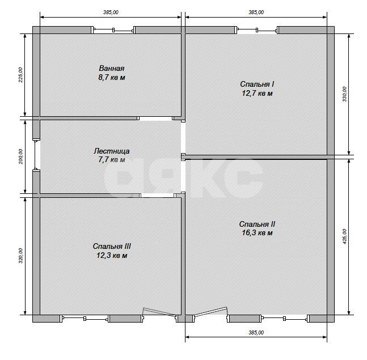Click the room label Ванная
pos(111,68)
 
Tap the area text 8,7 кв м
pos(112,78)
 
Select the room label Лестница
pos(111,151)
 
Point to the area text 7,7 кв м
pos(112,160)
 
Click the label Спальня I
pos(257,84)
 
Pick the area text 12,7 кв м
pos(257,94)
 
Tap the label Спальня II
pos(257,224)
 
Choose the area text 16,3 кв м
pos(257,233)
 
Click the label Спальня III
pos(112,246)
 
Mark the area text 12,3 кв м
pos(112,256)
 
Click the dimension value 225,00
pos(20,75)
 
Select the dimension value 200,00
pos(20,156)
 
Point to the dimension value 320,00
pos(20,256)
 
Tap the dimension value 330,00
pos(344,94)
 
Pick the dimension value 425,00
pos(344,236)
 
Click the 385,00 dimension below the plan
pos(256,332)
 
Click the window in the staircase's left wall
pos(36,155)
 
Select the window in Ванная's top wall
pos(113,30)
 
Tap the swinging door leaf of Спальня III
pos(159,312)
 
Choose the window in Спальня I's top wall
pos(257,30)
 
